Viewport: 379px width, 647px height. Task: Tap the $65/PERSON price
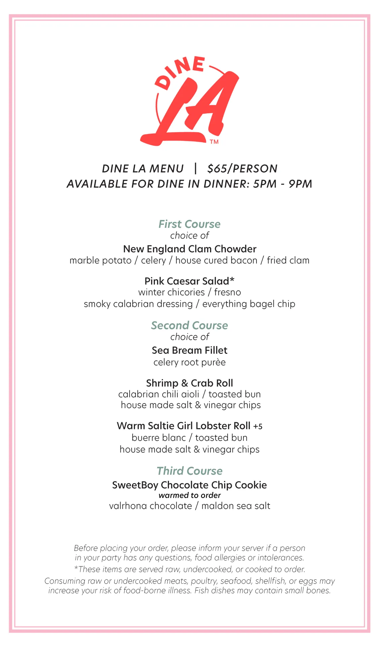(242, 168)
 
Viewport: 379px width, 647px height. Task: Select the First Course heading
(189, 224)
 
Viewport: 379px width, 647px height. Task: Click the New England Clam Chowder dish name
(189, 249)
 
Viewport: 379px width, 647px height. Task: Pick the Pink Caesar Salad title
(187, 281)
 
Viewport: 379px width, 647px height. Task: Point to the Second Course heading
(189, 326)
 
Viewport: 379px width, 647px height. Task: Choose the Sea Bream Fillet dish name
(189, 350)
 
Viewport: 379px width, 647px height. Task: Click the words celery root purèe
(189, 362)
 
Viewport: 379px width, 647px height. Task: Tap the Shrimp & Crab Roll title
(189, 383)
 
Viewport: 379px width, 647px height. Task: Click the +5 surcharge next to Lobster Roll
(258, 427)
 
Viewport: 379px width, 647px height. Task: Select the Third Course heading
(189, 471)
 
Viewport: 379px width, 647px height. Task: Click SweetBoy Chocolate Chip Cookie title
(189, 485)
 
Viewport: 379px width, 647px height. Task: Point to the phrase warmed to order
(189, 495)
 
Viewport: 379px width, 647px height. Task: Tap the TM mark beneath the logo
(214, 142)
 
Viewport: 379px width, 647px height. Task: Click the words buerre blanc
(159, 438)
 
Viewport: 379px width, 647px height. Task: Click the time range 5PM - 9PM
(283, 184)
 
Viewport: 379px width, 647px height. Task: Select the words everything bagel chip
(249, 304)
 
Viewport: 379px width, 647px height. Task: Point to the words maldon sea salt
(236, 506)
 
